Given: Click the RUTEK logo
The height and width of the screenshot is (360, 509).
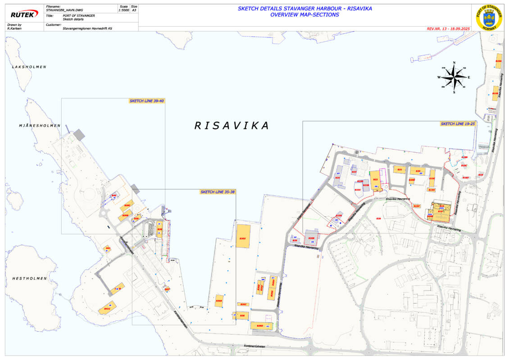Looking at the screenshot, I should click(24, 14).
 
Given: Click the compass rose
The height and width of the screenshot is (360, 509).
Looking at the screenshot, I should click(454, 77).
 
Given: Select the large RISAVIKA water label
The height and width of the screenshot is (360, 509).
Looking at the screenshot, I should click(232, 125).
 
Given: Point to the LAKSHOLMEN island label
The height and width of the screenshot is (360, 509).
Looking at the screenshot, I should click(29, 67).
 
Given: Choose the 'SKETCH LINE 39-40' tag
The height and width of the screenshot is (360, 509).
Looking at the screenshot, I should click(146, 100).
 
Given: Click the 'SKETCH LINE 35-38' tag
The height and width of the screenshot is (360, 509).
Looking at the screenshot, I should click(217, 192).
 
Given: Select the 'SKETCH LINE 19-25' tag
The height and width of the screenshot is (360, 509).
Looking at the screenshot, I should click(458, 123).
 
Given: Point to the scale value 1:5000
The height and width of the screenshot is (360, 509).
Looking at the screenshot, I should click(123, 10).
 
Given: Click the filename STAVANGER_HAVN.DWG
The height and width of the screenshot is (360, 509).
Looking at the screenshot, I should click(65, 10).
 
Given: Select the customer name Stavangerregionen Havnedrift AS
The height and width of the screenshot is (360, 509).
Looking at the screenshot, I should click(87, 28).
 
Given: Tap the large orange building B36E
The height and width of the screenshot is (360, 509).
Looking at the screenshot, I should click(243, 236).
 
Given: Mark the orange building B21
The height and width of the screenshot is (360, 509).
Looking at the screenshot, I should click(399, 169).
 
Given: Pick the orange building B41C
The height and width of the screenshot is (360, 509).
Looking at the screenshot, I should click(107, 308).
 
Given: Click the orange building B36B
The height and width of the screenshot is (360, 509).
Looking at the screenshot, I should click(219, 301).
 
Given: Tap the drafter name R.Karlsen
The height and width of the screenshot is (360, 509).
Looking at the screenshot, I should click(15, 28).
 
